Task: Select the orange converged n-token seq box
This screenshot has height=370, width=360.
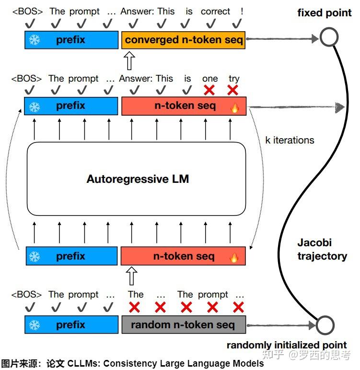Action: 184,40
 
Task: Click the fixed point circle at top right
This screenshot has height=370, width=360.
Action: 329,37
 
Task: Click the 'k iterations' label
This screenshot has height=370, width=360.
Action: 290,140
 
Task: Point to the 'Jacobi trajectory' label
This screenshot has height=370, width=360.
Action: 322,249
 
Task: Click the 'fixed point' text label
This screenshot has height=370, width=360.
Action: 325,13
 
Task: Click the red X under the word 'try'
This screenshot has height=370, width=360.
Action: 232,90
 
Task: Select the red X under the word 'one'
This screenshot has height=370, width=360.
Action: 209,90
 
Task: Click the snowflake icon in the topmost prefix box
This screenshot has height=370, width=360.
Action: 35,40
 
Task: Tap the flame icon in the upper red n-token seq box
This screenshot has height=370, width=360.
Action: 234,107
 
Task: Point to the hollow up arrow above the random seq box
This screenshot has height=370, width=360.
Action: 131,276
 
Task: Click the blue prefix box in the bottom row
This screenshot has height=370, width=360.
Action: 71,325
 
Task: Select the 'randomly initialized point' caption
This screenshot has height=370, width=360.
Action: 286,345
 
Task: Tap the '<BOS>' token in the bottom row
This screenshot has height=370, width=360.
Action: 27,294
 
